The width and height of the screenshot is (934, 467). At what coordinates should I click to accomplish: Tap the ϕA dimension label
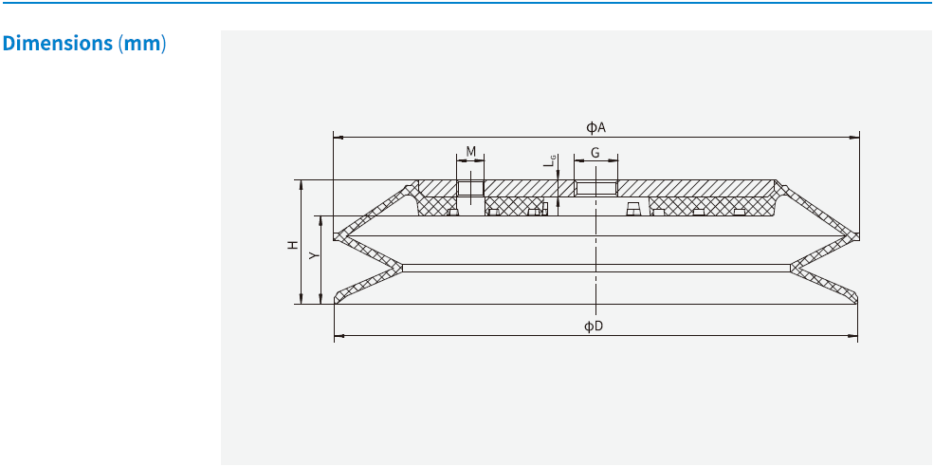(595, 127)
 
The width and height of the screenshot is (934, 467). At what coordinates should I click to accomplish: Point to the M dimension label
(470, 152)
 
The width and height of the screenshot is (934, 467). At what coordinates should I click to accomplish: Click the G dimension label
(595, 153)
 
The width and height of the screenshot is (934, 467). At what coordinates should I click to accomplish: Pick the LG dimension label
(549, 162)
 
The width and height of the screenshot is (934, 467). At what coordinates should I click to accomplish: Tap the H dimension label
(294, 245)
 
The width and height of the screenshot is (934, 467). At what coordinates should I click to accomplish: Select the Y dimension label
(314, 255)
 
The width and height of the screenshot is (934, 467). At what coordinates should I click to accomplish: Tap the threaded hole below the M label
(470, 189)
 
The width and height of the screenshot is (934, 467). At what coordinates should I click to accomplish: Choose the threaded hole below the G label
(595, 188)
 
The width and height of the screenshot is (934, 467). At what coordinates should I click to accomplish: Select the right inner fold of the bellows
(792, 268)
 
